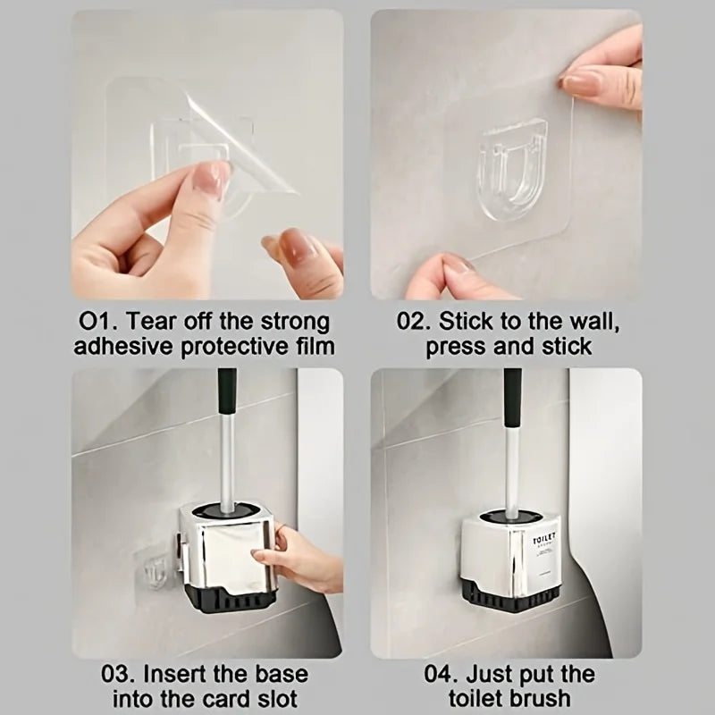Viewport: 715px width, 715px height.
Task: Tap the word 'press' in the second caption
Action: coord(457,346)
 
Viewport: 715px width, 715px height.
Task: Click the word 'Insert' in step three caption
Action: coord(181,673)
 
